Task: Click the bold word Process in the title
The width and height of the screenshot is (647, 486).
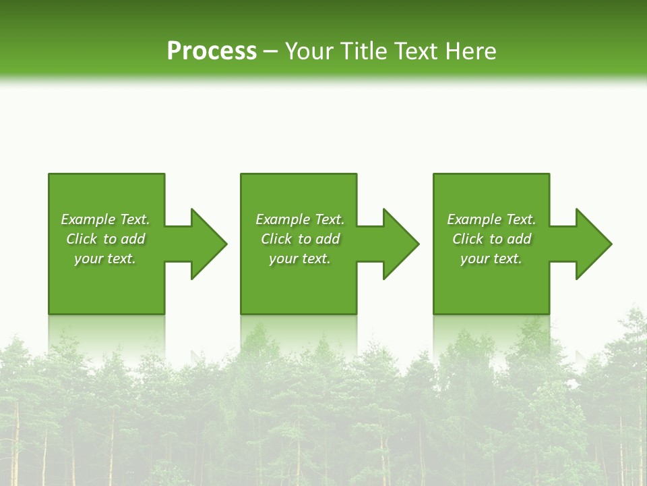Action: (x=212, y=51)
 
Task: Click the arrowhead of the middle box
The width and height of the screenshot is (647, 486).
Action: (x=400, y=244)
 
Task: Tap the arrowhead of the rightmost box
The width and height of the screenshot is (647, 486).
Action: (x=593, y=244)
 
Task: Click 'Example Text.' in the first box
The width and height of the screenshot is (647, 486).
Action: (x=105, y=219)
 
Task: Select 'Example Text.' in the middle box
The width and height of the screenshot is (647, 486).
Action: (x=300, y=219)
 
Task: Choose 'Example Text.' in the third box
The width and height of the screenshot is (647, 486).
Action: (x=491, y=219)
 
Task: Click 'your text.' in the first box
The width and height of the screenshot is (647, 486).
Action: (x=105, y=259)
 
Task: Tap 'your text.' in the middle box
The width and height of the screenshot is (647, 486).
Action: (x=300, y=259)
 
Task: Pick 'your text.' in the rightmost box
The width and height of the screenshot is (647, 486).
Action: (x=491, y=259)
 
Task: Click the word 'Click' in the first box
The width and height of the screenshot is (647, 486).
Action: (x=82, y=239)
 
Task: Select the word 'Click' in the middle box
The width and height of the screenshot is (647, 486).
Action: (x=276, y=239)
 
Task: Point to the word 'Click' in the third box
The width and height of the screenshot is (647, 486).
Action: (x=468, y=239)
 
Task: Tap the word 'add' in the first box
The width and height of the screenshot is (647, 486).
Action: (x=133, y=239)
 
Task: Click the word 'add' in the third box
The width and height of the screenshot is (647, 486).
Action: (x=519, y=239)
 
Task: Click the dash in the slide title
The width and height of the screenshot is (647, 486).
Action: (x=270, y=52)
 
